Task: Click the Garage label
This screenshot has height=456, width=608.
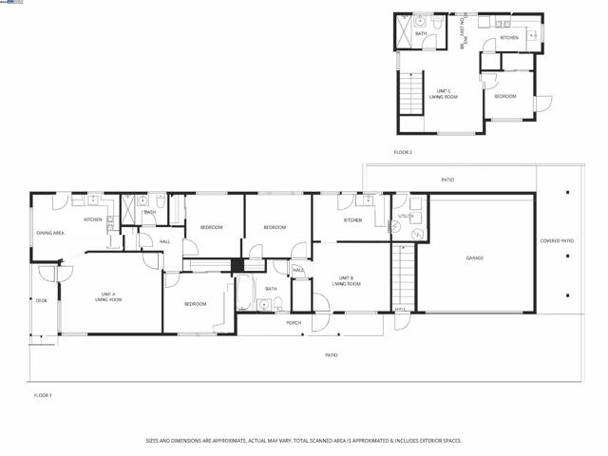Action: (474, 257)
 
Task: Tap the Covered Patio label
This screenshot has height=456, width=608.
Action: (556, 241)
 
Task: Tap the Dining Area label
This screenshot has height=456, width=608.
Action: (50, 233)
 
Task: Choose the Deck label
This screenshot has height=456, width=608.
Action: (41, 300)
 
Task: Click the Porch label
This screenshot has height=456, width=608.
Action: (294, 323)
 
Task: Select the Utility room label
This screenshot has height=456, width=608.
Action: (405, 216)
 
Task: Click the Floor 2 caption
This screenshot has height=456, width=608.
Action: (403, 152)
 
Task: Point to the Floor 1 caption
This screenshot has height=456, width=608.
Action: (43, 394)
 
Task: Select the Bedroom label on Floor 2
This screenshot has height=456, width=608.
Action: (504, 96)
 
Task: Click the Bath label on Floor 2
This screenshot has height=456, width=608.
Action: (421, 33)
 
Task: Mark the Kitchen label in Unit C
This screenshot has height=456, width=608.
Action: (509, 38)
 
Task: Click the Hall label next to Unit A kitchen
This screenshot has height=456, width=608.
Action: (164, 242)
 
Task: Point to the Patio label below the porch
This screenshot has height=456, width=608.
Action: (331, 355)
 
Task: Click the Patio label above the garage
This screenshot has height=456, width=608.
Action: (446, 179)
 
